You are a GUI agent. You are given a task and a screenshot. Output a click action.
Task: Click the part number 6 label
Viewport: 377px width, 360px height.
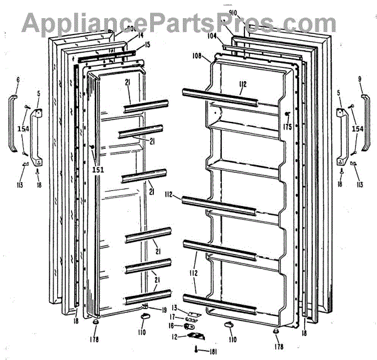click(18, 80)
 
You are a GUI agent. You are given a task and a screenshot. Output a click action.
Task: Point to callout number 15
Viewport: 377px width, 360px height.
click(147, 46)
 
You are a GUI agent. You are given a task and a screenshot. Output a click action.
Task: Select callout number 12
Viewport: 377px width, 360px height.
click(173, 337)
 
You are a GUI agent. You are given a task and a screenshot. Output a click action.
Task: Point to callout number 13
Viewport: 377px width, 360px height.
click(175, 308)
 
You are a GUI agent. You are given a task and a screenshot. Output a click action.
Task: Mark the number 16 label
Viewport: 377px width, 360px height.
click(171, 326)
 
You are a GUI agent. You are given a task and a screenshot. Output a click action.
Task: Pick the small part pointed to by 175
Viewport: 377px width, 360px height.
click(287, 115)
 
